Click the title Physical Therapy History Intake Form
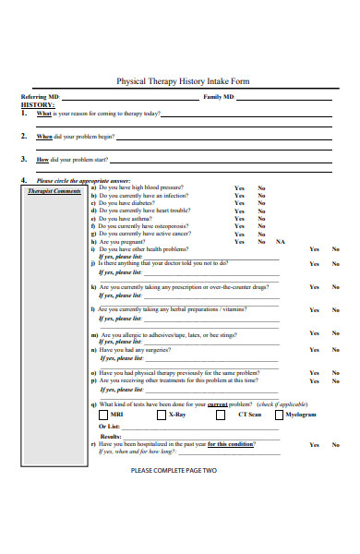click(x=182, y=81)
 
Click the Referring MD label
click(x=40, y=97)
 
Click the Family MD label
click(x=219, y=97)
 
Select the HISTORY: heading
click(x=38, y=105)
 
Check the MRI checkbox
click(x=103, y=415)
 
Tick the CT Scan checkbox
click(x=221, y=415)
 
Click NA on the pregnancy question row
click(x=281, y=241)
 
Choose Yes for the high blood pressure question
click(x=239, y=187)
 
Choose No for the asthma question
click(x=261, y=218)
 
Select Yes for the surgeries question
click(x=314, y=350)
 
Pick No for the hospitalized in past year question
click(x=335, y=444)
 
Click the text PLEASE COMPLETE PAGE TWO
click(x=174, y=470)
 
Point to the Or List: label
click(x=109, y=426)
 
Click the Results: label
click(x=111, y=436)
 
